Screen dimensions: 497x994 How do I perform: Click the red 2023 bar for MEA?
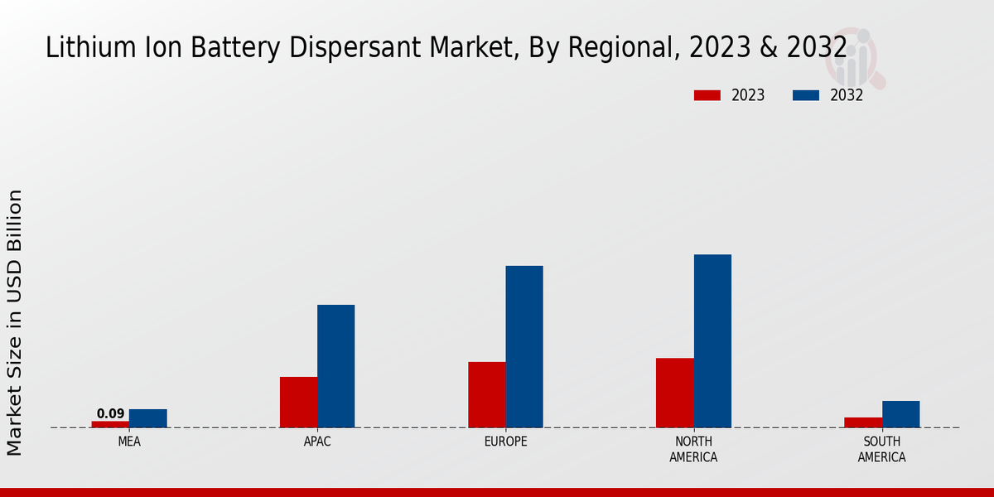click(x=110, y=424)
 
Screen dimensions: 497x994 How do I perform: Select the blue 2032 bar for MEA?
click(x=147, y=418)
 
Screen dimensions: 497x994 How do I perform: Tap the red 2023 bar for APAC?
click(x=298, y=402)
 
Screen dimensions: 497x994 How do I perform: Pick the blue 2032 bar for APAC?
click(x=335, y=366)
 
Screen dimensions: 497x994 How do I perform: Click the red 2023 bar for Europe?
click(x=486, y=394)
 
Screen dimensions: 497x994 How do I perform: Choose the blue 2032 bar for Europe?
click(x=524, y=346)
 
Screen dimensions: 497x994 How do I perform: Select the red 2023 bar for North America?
click(x=674, y=393)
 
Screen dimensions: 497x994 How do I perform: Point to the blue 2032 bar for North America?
click(x=712, y=340)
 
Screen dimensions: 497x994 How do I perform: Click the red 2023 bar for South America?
click(x=862, y=422)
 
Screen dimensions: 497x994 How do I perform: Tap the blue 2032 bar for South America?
click(x=900, y=414)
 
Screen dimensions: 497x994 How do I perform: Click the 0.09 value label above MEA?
click(x=110, y=414)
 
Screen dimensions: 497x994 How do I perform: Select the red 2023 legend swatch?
click(x=707, y=95)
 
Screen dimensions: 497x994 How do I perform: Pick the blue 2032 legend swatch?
click(x=805, y=95)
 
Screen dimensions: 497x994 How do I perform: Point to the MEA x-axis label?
click(x=129, y=442)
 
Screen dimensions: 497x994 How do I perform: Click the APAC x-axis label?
click(x=317, y=442)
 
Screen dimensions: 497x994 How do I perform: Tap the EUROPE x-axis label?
click(x=505, y=442)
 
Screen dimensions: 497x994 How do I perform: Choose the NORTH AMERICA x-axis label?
click(x=693, y=450)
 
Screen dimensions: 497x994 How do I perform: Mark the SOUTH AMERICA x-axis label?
click(x=881, y=450)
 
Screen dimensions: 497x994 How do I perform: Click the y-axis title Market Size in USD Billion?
click(x=15, y=322)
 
